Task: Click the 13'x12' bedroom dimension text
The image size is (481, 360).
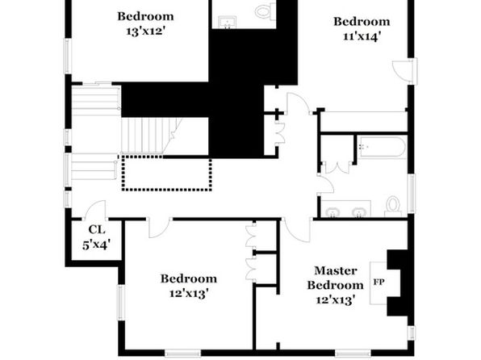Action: tap(146, 31)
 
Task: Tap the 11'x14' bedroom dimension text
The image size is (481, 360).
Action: tap(362, 36)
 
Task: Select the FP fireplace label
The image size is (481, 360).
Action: tap(379, 282)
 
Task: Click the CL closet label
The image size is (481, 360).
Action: tap(97, 229)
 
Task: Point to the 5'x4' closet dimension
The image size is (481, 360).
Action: tap(96, 245)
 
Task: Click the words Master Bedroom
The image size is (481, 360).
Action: tap(336, 278)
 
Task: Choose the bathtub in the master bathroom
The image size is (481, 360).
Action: tap(383, 148)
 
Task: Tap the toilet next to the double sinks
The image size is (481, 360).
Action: tap(393, 205)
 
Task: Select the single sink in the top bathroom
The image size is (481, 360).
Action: tap(228, 22)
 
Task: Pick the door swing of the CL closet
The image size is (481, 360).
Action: tap(95, 209)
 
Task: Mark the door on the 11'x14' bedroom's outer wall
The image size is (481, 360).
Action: tap(403, 71)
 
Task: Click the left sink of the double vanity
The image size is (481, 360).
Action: tap(333, 211)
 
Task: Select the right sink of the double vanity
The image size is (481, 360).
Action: tap(358, 211)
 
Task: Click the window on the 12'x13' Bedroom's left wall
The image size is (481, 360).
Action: tap(122, 303)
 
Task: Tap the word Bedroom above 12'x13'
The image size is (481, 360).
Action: tap(189, 278)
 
